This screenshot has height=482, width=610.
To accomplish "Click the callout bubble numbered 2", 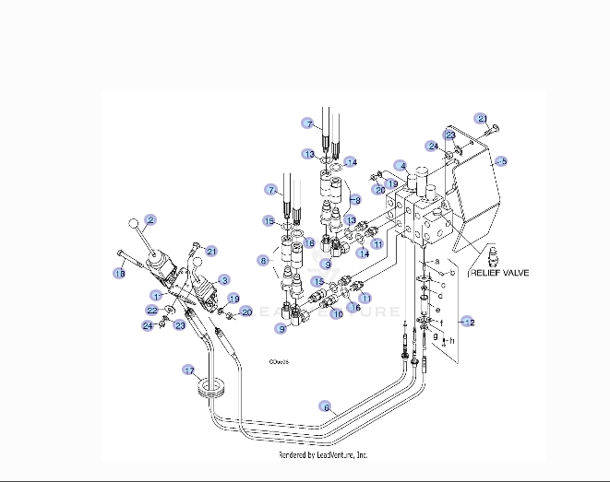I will click(x=150, y=220).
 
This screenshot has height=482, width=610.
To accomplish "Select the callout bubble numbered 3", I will click(x=223, y=279).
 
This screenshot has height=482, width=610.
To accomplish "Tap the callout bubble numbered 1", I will click(x=157, y=295).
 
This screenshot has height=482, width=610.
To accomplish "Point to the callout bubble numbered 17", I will click(x=189, y=370).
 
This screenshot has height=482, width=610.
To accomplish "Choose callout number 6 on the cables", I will click(x=325, y=406).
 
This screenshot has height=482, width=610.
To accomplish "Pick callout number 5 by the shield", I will click(x=503, y=160).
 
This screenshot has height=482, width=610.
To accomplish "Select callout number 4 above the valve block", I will click(x=400, y=166).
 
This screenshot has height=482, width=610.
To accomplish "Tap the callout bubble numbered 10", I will click(x=337, y=314).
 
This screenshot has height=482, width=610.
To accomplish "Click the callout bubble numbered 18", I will click(x=119, y=273).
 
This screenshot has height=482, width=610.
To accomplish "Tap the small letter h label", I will click(x=453, y=340).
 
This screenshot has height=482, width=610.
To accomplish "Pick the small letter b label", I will click(x=453, y=274).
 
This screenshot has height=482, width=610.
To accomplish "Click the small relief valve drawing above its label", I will click(x=491, y=255).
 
